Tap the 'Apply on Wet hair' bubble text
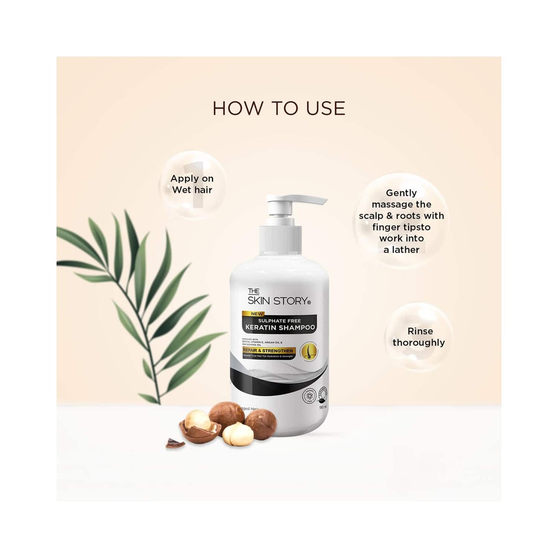pos(192,184)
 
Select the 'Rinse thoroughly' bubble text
pos(419,337)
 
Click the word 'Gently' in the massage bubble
pos(401,193)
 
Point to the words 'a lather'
pos(401,250)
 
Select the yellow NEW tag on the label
pos(257,314)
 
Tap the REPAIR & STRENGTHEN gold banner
pos(268,351)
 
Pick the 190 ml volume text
pos(321,407)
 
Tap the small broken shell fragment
pos(175,444)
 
